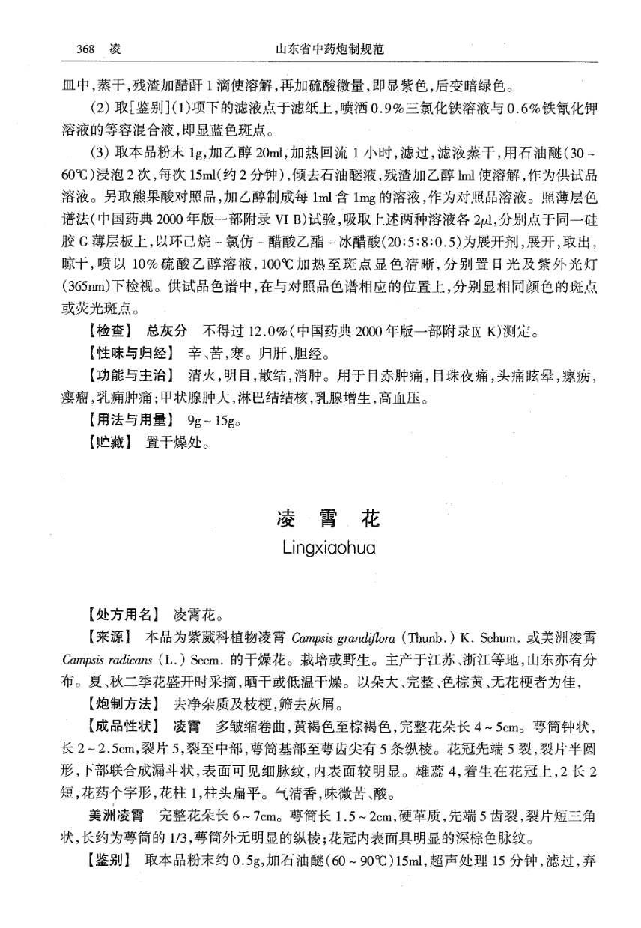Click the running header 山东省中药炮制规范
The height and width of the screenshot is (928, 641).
click(330, 49)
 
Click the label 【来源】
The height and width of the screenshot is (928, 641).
click(110, 638)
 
